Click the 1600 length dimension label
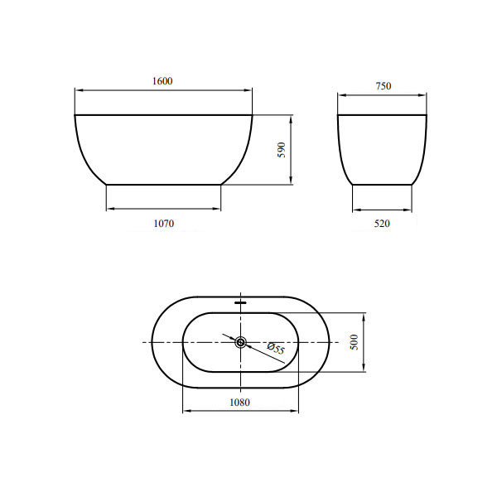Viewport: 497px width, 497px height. tap(162, 81)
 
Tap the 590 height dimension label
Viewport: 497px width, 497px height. tap(282, 150)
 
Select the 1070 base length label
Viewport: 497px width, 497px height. tap(164, 224)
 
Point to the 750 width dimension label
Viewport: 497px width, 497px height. tap(384, 86)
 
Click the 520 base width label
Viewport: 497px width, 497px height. tap(382, 224)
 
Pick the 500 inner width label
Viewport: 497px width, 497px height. tap(355, 342)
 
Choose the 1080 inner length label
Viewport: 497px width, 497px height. tap(239, 403)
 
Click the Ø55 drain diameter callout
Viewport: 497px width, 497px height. tap(276, 348)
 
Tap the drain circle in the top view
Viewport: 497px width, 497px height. tap(240, 342)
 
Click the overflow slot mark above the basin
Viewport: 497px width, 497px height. tap(240, 302)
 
